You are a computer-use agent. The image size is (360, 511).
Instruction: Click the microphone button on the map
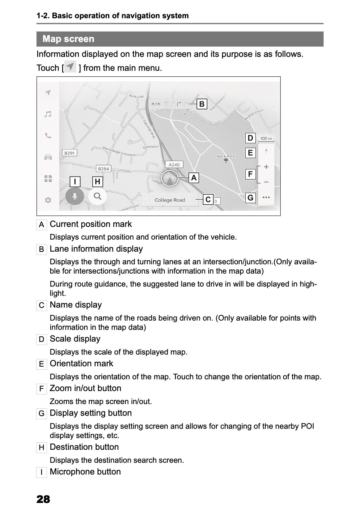pos(74,196)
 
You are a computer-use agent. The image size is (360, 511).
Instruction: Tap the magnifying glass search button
pos(98,196)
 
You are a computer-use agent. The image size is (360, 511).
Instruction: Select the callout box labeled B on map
pos(202,104)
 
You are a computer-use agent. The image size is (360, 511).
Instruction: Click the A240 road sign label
pos(174,164)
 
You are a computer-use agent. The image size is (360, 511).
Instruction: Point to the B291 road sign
pos(69,153)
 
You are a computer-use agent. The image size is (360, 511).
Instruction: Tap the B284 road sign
pos(104,169)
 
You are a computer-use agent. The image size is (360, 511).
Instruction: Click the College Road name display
pos(170,200)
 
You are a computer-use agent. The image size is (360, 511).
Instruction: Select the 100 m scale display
pos(266,139)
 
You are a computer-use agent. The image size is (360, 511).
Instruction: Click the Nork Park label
pos(226,156)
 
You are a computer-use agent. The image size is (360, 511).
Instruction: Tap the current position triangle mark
pos(169,179)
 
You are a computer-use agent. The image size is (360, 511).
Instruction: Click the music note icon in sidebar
pos(48,114)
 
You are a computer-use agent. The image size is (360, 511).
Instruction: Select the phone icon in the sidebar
pos(48,136)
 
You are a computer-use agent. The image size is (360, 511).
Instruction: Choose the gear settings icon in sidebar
pos(48,200)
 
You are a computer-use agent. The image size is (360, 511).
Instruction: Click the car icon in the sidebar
pos(48,157)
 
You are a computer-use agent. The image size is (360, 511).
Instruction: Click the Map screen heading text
pos(68,39)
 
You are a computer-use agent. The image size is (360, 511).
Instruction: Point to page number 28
pos(43,499)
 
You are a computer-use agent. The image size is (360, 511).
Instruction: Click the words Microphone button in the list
pos(85,472)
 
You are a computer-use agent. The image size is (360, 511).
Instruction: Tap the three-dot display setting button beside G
pos(266,197)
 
